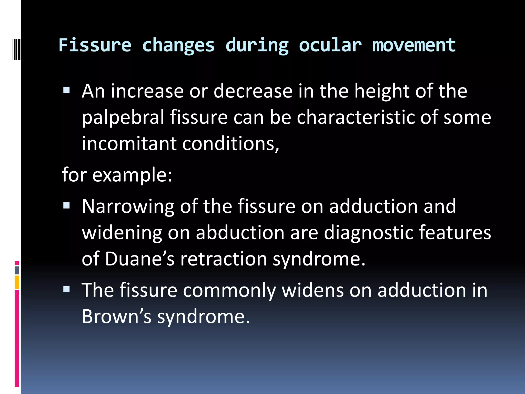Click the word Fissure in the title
95,45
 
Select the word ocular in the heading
330,45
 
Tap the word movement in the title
414,45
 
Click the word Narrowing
128,206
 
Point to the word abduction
240,233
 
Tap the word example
132,175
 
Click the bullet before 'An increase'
66,90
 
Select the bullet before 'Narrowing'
66,205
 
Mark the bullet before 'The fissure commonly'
66,290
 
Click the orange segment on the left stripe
17,282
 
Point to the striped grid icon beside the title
16,45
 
